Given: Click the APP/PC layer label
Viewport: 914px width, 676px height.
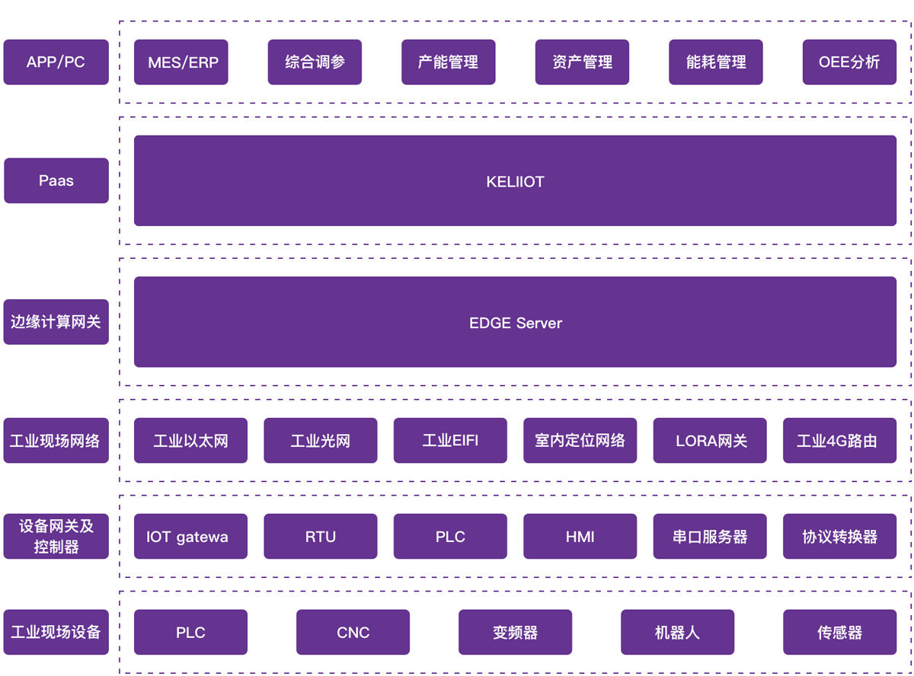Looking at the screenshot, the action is (56, 62).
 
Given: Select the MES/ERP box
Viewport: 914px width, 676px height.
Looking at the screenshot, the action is (181, 62).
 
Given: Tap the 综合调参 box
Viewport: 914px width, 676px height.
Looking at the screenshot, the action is (315, 62).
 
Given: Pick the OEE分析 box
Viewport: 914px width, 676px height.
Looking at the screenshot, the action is (849, 62).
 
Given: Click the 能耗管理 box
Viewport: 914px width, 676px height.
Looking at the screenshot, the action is (715, 62).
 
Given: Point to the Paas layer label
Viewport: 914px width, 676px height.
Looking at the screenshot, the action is (56, 180).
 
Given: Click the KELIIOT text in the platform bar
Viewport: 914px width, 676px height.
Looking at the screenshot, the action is (515, 182).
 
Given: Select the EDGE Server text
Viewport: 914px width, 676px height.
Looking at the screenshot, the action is (515, 323).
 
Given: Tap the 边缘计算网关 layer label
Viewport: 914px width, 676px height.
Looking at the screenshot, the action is (56, 322).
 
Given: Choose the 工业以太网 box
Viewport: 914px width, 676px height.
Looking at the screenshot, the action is (190, 440).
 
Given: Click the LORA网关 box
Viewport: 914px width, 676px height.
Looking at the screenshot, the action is (710, 440).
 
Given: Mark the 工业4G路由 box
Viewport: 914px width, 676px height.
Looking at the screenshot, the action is (839, 440).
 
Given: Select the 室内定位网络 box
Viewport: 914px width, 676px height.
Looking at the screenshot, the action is (580, 440).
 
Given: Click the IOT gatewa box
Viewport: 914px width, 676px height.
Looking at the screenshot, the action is (190, 536).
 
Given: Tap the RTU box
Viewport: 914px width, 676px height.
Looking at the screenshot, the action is (320, 536).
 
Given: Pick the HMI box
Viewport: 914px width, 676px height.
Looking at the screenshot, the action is (580, 536).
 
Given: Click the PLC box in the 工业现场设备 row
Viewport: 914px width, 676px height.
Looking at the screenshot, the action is (190, 632).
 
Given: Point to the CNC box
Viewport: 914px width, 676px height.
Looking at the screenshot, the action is (353, 632).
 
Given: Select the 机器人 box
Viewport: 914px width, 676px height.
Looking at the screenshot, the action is (677, 632).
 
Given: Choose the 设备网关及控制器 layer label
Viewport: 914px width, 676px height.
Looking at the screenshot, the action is (56, 536).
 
